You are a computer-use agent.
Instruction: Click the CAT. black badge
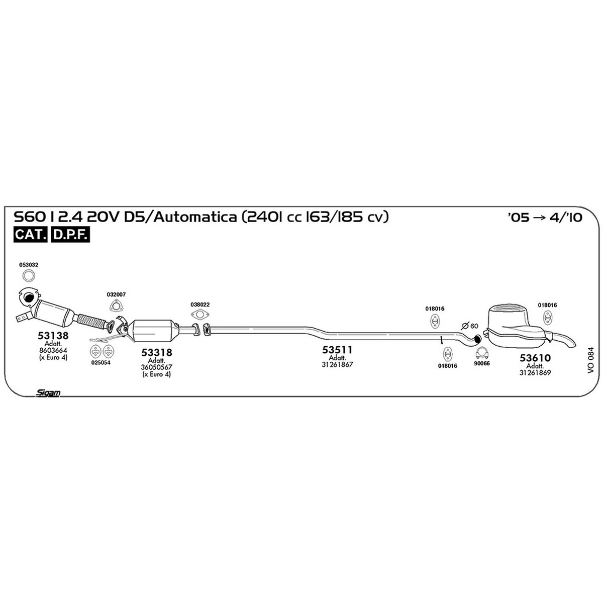pos(30,234)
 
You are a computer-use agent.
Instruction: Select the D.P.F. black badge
pos(70,234)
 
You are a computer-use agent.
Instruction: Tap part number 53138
pos(53,335)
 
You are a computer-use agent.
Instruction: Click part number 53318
pos(156,352)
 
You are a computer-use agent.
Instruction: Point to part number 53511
pos(337,350)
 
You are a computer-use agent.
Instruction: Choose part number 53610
pos(535,358)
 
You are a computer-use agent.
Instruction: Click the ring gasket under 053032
pos(29,276)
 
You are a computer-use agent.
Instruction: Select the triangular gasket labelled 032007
pos(116,306)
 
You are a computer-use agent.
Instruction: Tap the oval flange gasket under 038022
pos(200,314)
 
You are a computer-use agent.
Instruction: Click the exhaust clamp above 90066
pos(482,353)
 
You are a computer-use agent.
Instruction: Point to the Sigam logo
pos(48,393)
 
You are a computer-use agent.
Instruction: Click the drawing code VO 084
pos(590,360)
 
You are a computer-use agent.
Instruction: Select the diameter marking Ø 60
pos(470,326)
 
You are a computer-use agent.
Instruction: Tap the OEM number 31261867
pos(337,364)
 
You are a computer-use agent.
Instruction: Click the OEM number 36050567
pos(156,367)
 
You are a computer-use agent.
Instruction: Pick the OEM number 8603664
pos(53,350)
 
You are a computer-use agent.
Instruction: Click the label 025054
pos(101,363)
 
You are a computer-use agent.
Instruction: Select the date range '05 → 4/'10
pos(545,217)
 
